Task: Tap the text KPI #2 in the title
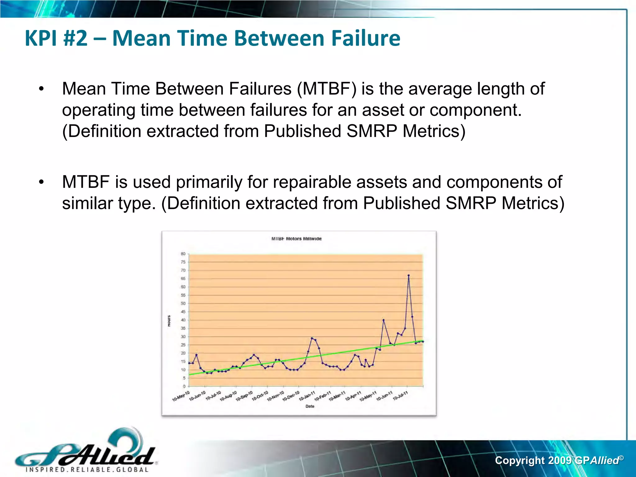click(56, 39)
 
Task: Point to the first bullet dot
click(42, 89)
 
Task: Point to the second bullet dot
click(42, 183)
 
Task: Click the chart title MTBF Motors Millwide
click(296, 239)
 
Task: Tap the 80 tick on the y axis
click(183, 254)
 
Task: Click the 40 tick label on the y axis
click(183, 320)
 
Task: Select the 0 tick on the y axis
click(184, 386)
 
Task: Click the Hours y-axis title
click(169, 321)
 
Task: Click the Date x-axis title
click(310, 406)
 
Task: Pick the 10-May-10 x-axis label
click(181, 396)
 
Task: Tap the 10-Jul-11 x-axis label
click(400, 396)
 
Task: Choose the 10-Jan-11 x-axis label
click(307, 396)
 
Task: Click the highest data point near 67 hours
click(408, 275)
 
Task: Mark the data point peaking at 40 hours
click(384, 320)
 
